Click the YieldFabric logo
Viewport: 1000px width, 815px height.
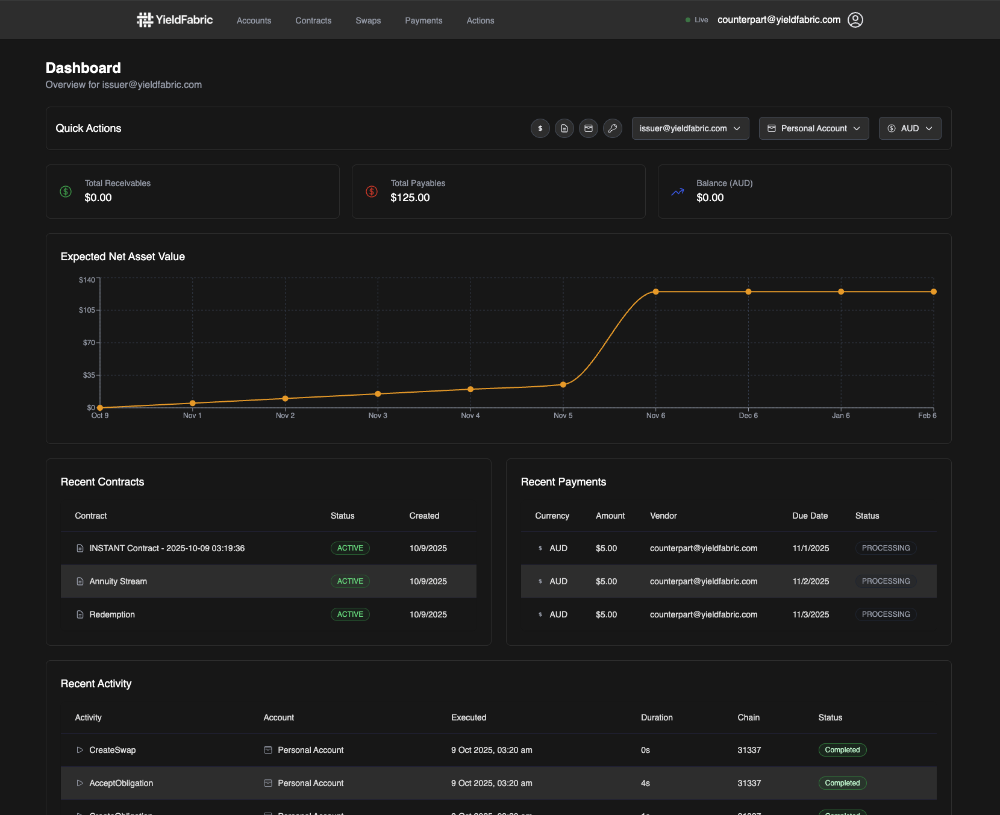coord(175,20)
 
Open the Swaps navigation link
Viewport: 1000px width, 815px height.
coord(368,20)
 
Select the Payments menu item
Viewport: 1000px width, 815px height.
coord(423,20)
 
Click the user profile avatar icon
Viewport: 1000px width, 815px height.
coord(855,20)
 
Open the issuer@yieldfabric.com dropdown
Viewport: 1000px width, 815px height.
coord(690,128)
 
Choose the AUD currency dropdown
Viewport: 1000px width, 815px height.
coord(910,128)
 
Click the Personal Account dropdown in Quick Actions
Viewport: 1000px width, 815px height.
coord(813,128)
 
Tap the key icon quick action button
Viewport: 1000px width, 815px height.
coord(612,128)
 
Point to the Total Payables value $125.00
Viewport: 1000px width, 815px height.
coord(410,198)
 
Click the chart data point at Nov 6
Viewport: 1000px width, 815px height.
coord(655,292)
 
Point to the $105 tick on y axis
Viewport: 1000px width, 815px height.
coord(87,310)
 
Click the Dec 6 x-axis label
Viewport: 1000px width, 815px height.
coord(748,416)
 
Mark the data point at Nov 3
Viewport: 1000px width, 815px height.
coord(378,394)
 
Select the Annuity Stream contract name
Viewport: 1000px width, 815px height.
coord(118,581)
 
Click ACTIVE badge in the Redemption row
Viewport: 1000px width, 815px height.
coord(350,614)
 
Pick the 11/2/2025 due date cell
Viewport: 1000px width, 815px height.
coord(810,581)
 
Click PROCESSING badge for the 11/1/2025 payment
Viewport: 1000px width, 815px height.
coord(886,548)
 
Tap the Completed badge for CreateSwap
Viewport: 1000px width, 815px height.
coord(842,750)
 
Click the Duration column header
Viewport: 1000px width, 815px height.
coord(657,717)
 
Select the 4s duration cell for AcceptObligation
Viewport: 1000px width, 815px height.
coord(645,783)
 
